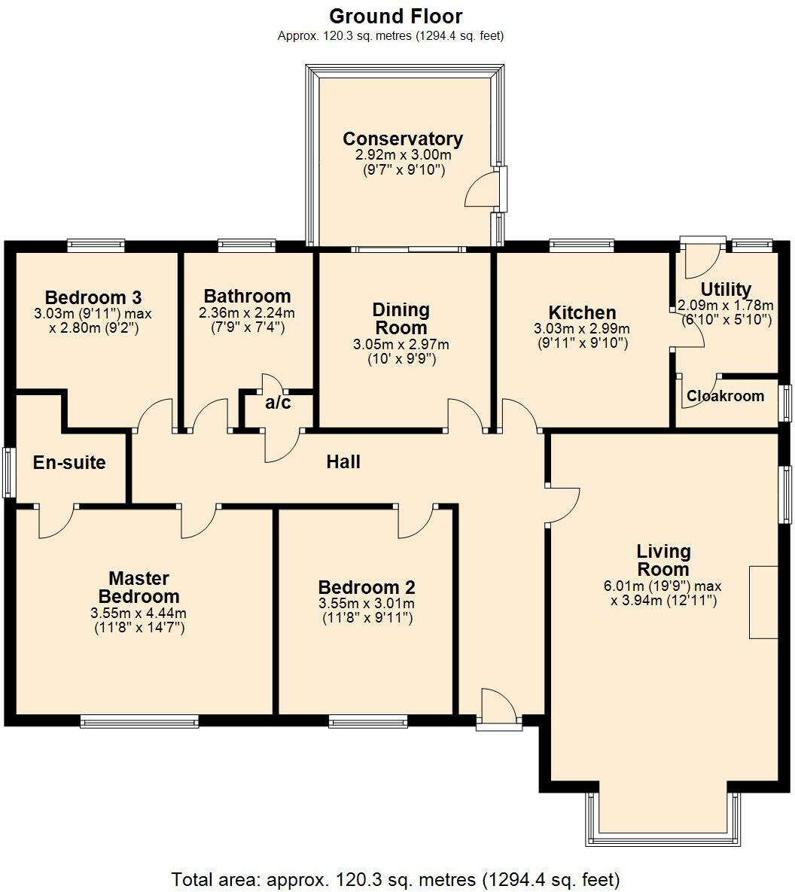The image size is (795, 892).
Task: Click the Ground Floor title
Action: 396,16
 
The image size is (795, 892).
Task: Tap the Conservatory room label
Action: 403,139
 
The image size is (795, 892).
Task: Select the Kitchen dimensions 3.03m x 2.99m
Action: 582,329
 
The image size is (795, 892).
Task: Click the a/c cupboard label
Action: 278,403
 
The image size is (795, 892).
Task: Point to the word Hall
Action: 343,461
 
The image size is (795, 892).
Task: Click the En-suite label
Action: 69,462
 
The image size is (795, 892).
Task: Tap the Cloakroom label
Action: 725,396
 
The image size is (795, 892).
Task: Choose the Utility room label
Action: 726,289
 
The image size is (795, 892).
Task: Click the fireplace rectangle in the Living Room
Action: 763,601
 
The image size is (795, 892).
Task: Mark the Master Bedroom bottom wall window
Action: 139,722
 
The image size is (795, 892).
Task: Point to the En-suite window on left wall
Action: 8,472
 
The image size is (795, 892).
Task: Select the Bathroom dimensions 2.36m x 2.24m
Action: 247,313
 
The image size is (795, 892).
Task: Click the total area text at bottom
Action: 396,878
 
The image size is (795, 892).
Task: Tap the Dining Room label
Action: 401,318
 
